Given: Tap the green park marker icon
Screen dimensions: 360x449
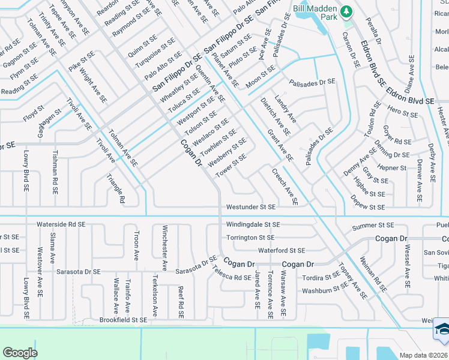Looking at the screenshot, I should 346,11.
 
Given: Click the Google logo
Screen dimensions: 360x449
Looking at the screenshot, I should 20,353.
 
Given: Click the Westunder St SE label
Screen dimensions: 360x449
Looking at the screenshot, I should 250,207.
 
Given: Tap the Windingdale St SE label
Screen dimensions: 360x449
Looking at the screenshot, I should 253,224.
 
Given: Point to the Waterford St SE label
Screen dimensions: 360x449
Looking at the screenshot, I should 281,250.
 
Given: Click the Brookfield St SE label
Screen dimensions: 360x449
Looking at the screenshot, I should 123,320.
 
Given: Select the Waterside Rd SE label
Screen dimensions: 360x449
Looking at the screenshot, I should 61,224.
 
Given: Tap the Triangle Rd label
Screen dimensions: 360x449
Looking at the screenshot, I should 114,188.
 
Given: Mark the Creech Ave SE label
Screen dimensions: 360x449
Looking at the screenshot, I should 285,186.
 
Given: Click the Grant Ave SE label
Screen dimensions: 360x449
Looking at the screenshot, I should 280,146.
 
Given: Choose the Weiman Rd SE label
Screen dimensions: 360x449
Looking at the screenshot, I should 373,274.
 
